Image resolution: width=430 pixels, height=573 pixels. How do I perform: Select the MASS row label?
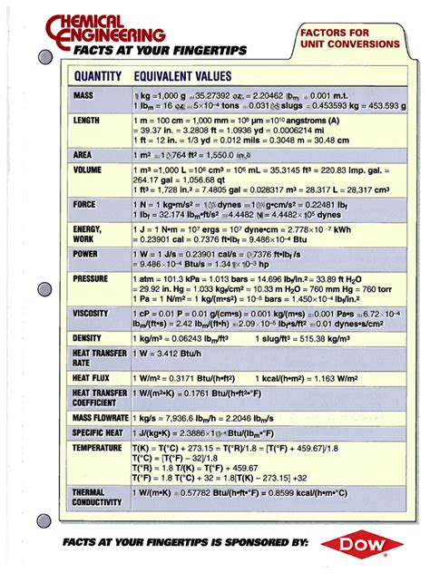[x=83, y=94]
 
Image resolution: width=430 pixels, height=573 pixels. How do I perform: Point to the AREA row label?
[x=83, y=155]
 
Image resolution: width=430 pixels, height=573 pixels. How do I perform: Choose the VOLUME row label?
[x=87, y=170]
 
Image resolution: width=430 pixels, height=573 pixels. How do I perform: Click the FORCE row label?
[x=84, y=205]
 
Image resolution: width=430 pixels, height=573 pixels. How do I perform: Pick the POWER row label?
[x=85, y=255]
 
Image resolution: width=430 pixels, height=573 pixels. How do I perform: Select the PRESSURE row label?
[x=91, y=280]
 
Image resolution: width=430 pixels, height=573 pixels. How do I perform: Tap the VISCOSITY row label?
[x=91, y=313]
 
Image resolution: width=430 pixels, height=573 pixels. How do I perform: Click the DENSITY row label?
[x=88, y=338]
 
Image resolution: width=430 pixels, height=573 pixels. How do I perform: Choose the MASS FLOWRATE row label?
[x=99, y=418]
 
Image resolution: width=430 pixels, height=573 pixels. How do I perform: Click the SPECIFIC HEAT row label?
[x=97, y=433]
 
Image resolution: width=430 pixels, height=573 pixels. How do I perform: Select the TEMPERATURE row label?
[x=97, y=448]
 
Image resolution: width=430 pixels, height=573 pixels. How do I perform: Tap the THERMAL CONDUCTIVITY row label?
[x=97, y=497]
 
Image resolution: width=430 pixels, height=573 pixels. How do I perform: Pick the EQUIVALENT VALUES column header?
[x=181, y=76]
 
